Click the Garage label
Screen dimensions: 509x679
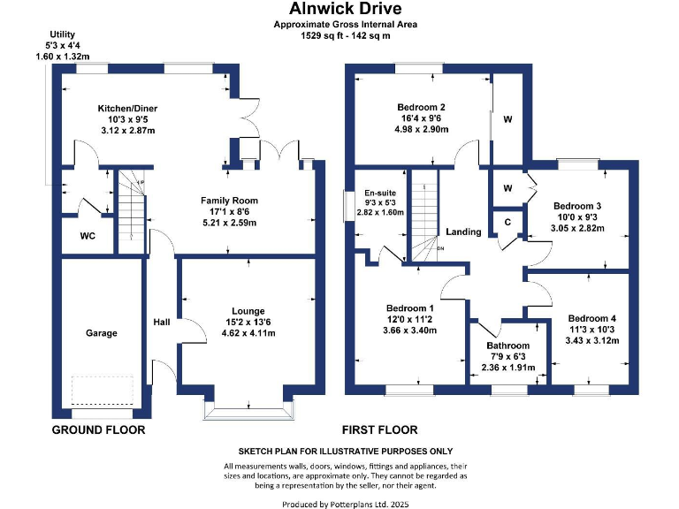pyautogui.click(x=101, y=332)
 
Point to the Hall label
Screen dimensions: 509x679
pyautogui.click(x=161, y=322)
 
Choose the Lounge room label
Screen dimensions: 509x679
pyautogui.click(x=248, y=311)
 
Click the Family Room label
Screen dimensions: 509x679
pyautogui.click(x=229, y=201)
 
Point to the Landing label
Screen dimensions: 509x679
pyautogui.click(x=463, y=232)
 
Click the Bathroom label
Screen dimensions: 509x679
pyautogui.click(x=508, y=346)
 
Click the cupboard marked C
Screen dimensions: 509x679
pyautogui.click(x=507, y=222)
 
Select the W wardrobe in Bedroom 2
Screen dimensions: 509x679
pyautogui.click(x=507, y=119)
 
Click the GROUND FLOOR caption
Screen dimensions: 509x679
pyautogui.click(x=98, y=430)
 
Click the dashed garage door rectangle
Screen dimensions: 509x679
pyautogui.click(x=102, y=388)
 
